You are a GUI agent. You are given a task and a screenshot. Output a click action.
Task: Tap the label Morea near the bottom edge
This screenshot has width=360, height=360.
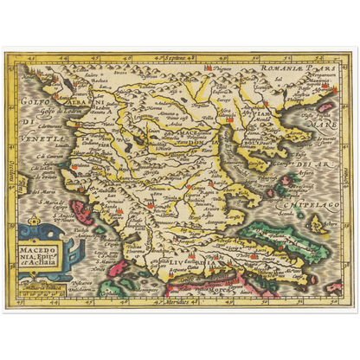[x=226, y=283]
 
